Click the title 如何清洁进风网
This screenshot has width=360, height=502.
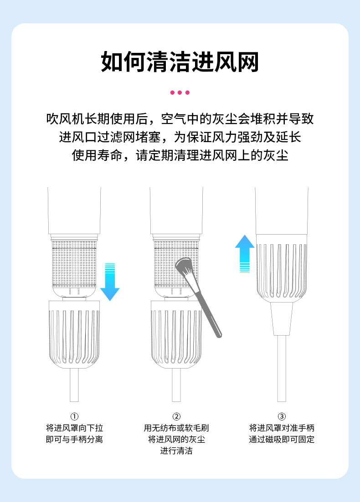(x=180, y=62)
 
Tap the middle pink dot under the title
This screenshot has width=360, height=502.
(x=180, y=92)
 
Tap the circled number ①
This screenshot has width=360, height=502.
(x=74, y=416)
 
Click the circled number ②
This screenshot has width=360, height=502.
(x=176, y=416)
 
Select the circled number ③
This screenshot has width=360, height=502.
(x=282, y=416)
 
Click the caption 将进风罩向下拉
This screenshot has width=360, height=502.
(x=74, y=428)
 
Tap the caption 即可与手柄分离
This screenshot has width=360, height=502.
(x=74, y=440)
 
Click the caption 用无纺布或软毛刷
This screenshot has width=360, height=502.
(x=176, y=428)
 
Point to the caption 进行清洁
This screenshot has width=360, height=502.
(x=176, y=451)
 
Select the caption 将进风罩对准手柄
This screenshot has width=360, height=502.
(x=282, y=428)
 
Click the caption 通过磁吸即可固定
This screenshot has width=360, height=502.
(x=282, y=440)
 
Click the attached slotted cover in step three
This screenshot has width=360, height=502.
(x=281, y=269)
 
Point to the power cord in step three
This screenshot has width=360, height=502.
(x=282, y=369)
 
